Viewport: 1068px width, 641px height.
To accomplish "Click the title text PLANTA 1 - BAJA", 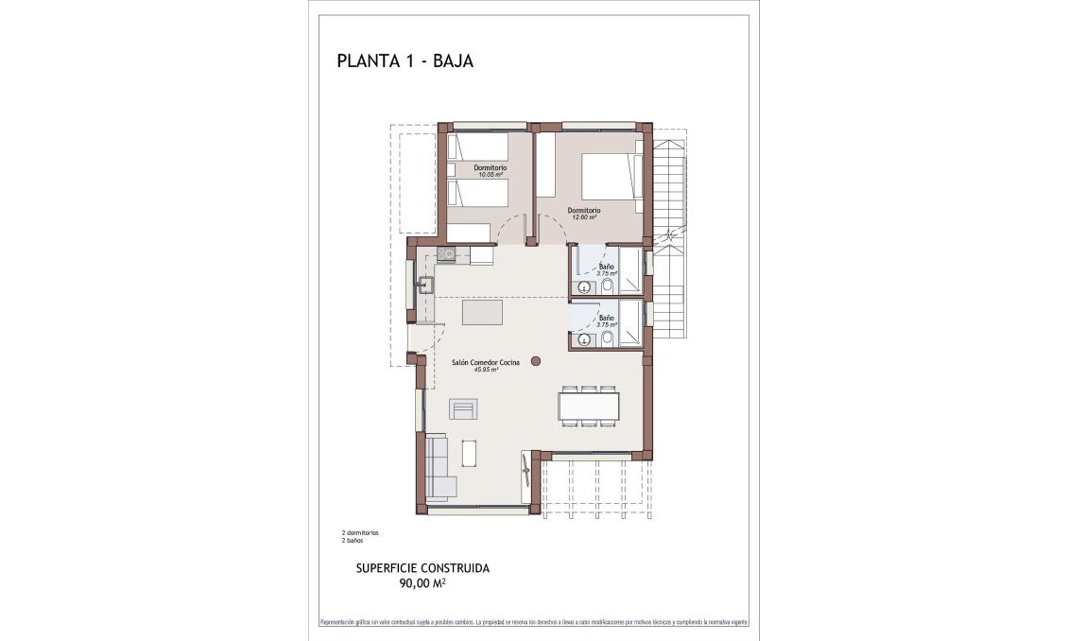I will tap(405, 62).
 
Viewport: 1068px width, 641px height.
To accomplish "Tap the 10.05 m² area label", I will tap(490, 175).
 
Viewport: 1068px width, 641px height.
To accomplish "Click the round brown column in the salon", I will tap(536, 360).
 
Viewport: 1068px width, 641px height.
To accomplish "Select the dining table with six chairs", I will tap(588, 406).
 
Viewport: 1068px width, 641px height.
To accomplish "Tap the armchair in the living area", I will tap(463, 408).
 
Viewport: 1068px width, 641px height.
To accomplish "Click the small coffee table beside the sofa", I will tap(469, 454).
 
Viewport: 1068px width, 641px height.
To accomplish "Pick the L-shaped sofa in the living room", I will tap(438, 466).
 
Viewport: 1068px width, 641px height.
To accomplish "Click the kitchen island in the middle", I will tap(482, 312).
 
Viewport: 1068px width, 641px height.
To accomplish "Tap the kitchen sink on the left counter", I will tap(426, 284).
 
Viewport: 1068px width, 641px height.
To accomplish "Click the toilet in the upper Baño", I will tap(609, 287).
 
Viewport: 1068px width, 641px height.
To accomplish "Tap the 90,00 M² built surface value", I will tap(422, 584).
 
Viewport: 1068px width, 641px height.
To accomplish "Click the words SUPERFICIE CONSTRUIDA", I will tap(422, 568).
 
